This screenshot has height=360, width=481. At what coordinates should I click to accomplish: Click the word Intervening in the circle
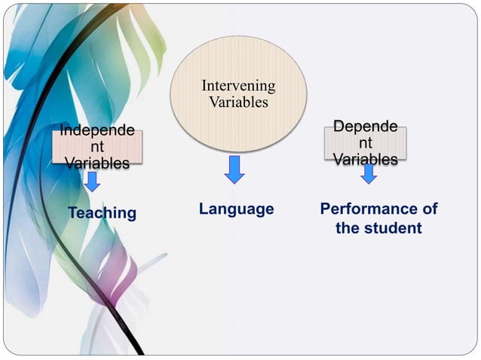click(x=238, y=86)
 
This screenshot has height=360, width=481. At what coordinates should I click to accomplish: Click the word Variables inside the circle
click(x=238, y=102)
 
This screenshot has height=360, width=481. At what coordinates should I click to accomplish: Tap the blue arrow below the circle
click(x=234, y=169)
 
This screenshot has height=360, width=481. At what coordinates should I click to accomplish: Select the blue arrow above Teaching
click(x=93, y=181)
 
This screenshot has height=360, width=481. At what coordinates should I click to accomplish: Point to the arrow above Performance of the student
click(x=369, y=174)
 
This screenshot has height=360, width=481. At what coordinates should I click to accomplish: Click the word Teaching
click(x=102, y=213)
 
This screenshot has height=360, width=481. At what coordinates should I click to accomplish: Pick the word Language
click(x=236, y=209)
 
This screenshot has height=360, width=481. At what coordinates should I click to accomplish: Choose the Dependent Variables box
click(x=366, y=142)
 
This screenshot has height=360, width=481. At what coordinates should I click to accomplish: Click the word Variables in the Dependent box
click(x=366, y=159)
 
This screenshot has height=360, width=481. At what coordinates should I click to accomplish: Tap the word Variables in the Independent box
click(x=97, y=163)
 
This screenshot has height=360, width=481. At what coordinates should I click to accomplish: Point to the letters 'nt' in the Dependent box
click(x=366, y=143)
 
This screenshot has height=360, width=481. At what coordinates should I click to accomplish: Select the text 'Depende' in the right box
click(x=366, y=127)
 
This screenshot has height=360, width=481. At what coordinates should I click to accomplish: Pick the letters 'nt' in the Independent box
click(x=97, y=147)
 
